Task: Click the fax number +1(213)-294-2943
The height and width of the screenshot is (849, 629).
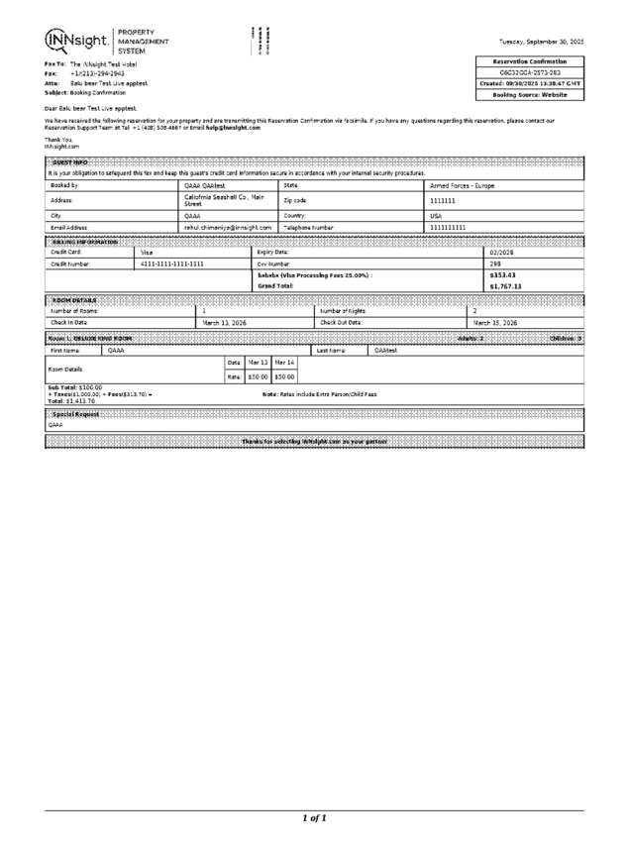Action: (x=97, y=73)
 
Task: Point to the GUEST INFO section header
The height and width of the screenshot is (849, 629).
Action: (x=70, y=161)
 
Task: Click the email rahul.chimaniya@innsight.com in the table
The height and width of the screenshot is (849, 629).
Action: (x=228, y=227)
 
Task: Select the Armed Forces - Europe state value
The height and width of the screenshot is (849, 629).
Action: (x=462, y=185)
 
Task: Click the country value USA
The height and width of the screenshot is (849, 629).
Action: (x=435, y=214)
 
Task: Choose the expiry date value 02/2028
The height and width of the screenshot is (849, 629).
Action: (x=502, y=253)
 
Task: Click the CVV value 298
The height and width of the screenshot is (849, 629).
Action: (x=495, y=265)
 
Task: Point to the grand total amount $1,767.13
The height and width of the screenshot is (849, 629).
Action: (x=505, y=286)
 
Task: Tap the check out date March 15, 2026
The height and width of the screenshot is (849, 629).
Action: (x=494, y=323)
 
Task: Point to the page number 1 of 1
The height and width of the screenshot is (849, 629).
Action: (x=314, y=818)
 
